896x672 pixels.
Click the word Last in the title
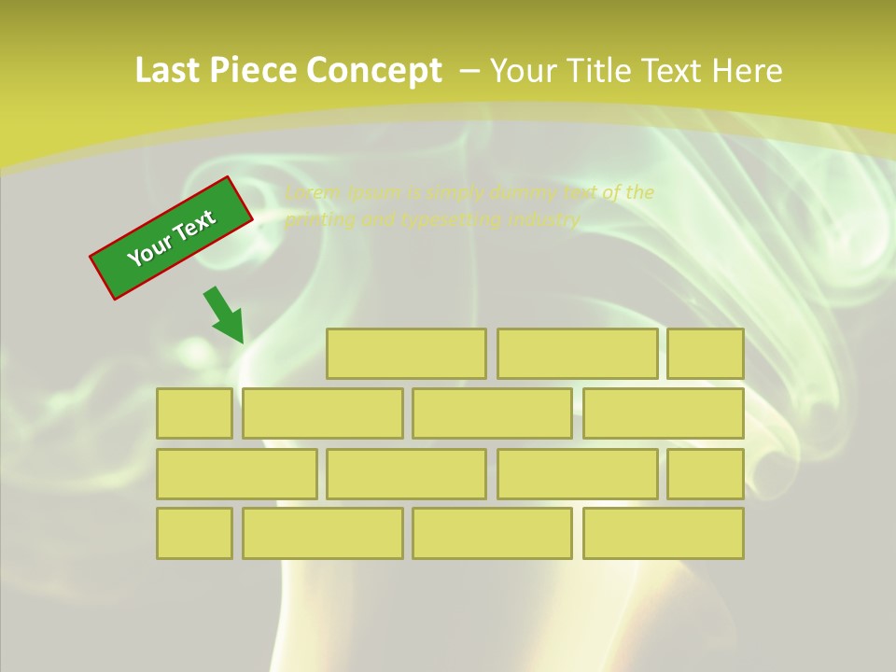pos(168,70)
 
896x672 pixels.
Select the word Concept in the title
pos(373,71)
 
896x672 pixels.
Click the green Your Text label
pos(171,238)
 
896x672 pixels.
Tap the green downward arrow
pos(225,315)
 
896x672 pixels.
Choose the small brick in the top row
pos(706,354)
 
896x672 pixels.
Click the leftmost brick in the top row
pos(406,354)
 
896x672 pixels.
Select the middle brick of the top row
pos(577,354)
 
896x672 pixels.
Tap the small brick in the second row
pos(194,413)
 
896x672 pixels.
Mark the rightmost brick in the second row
pos(664,413)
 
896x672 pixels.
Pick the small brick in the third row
pos(706,474)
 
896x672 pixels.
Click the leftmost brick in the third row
pos(236,474)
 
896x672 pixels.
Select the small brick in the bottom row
pos(194,534)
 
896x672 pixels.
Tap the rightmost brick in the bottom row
pos(664,534)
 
